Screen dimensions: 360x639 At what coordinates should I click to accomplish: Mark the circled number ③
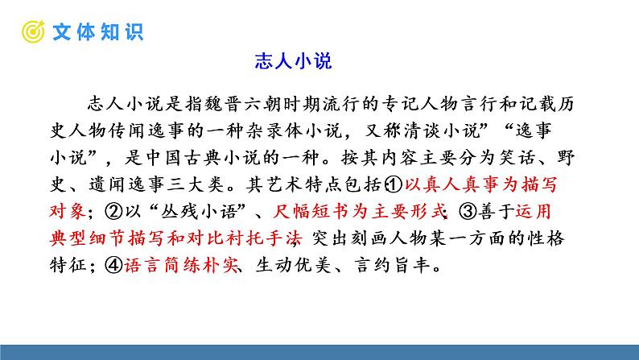[467, 211]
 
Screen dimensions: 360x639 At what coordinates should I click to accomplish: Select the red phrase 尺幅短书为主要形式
[360, 211]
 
